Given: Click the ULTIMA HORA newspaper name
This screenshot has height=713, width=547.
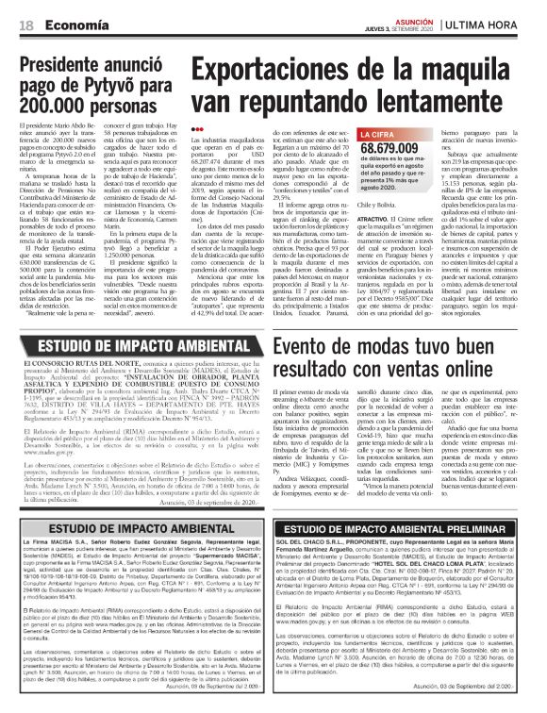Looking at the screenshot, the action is [x=501, y=24].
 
